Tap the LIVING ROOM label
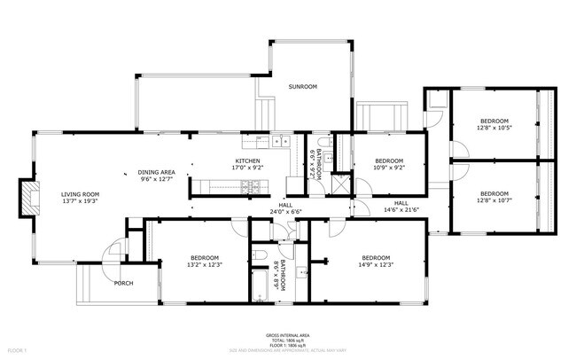[80, 193]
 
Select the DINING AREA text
[156, 172]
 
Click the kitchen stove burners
[251, 186]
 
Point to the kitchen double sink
[281, 140]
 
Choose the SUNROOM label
[302, 87]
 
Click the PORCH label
[124, 283]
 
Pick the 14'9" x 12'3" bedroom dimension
[377, 264]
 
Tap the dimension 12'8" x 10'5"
[494, 128]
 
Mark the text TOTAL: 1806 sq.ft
[288, 340]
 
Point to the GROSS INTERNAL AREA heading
[288, 335]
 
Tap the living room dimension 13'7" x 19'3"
[80, 201]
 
